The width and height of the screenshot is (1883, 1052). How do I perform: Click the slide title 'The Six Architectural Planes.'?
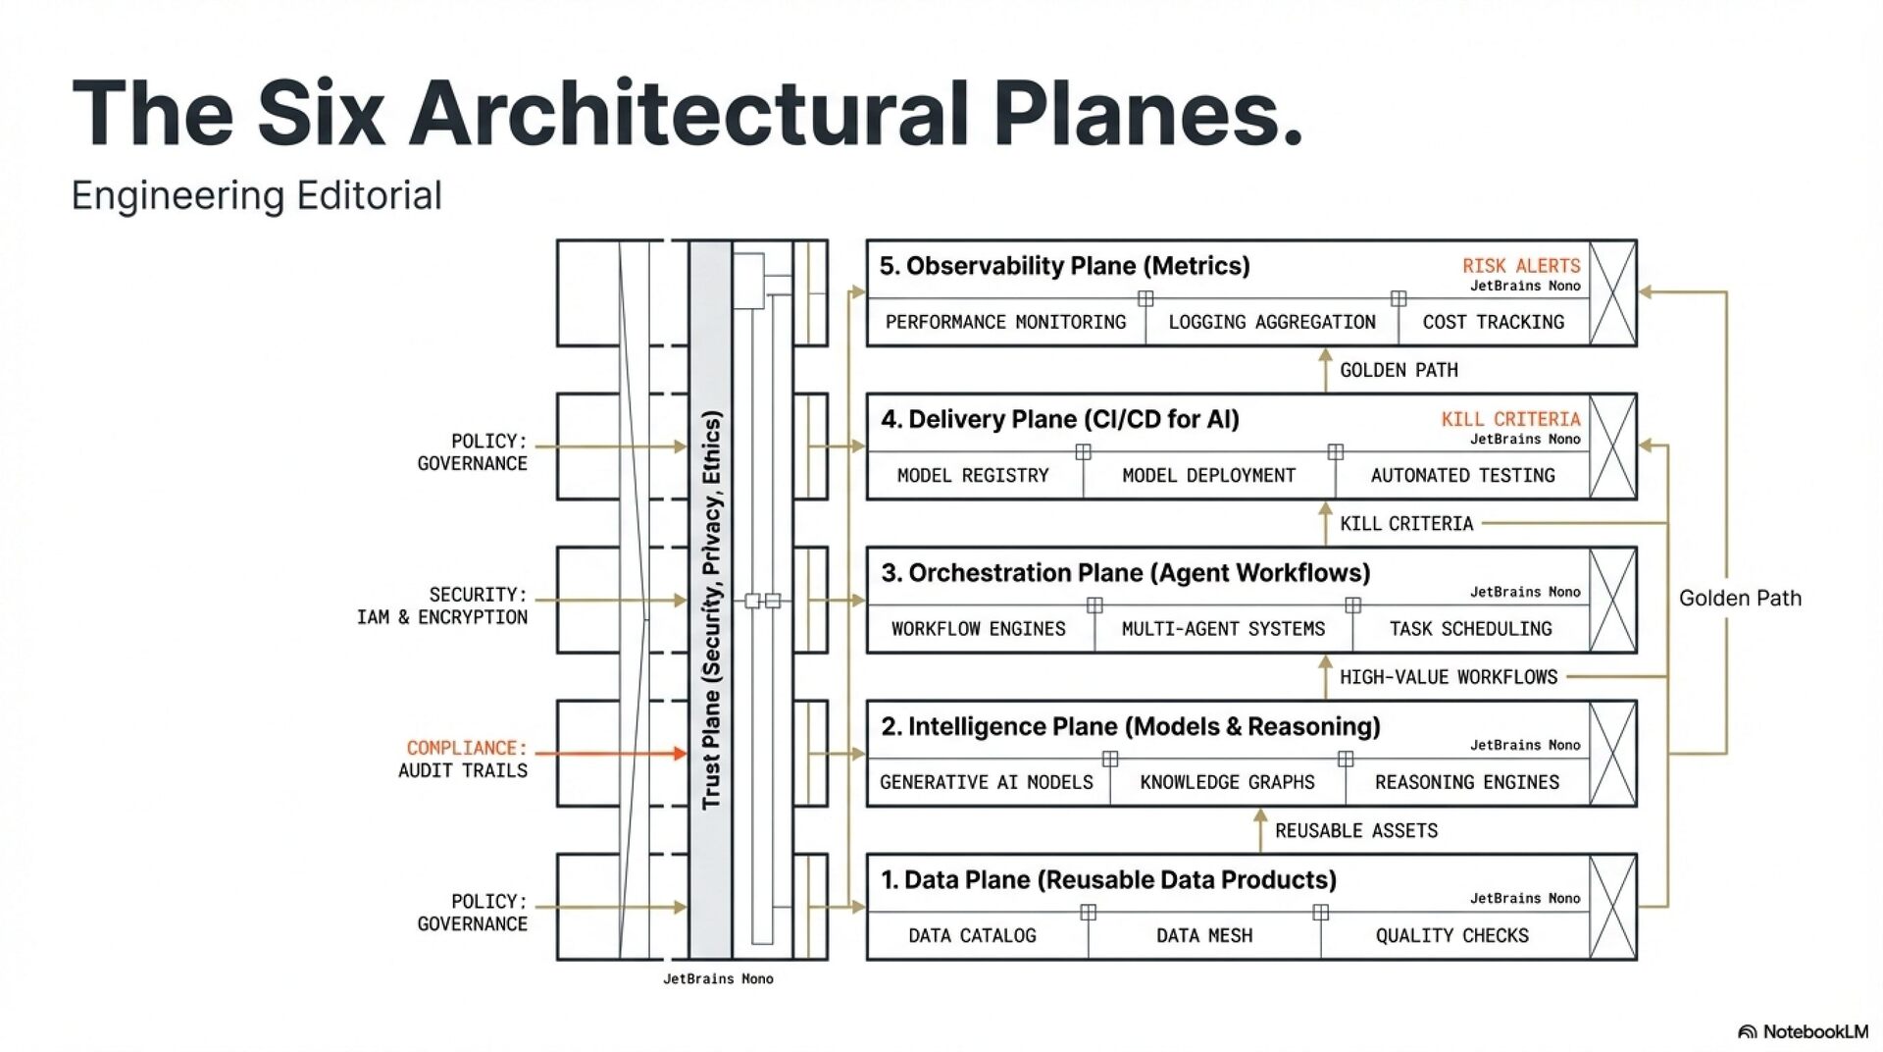(687, 113)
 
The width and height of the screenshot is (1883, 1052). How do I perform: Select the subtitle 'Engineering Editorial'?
(257, 195)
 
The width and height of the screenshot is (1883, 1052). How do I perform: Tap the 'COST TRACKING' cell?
(1493, 322)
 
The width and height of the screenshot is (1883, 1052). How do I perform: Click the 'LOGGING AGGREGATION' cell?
(1271, 322)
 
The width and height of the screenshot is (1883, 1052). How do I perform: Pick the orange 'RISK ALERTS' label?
(1520, 266)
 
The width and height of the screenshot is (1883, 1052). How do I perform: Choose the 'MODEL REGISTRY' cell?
(973, 476)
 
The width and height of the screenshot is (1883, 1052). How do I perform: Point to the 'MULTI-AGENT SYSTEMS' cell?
(1223, 629)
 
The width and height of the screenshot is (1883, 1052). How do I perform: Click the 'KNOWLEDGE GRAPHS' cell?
(1227, 782)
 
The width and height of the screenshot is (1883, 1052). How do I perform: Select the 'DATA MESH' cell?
(1203, 936)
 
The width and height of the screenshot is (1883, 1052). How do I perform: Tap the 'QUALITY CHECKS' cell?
(1451, 936)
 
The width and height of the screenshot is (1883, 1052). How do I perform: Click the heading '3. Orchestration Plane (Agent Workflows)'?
(1125, 573)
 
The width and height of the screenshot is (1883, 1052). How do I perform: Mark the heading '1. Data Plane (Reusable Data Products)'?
(1108, 880)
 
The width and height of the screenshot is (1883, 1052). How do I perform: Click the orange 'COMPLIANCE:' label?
(467, 749)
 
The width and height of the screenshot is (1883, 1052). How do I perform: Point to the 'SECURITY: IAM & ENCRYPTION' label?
(442, 606)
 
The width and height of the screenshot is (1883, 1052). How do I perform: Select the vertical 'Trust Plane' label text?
(711, 608)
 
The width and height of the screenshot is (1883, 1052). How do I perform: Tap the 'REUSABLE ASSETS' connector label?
(1355, 831)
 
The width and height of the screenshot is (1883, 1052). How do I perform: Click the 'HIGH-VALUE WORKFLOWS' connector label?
(1448, 677)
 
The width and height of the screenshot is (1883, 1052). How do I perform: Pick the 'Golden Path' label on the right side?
(1740, 599)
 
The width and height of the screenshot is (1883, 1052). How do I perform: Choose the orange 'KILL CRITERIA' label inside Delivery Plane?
(1510, 419)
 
